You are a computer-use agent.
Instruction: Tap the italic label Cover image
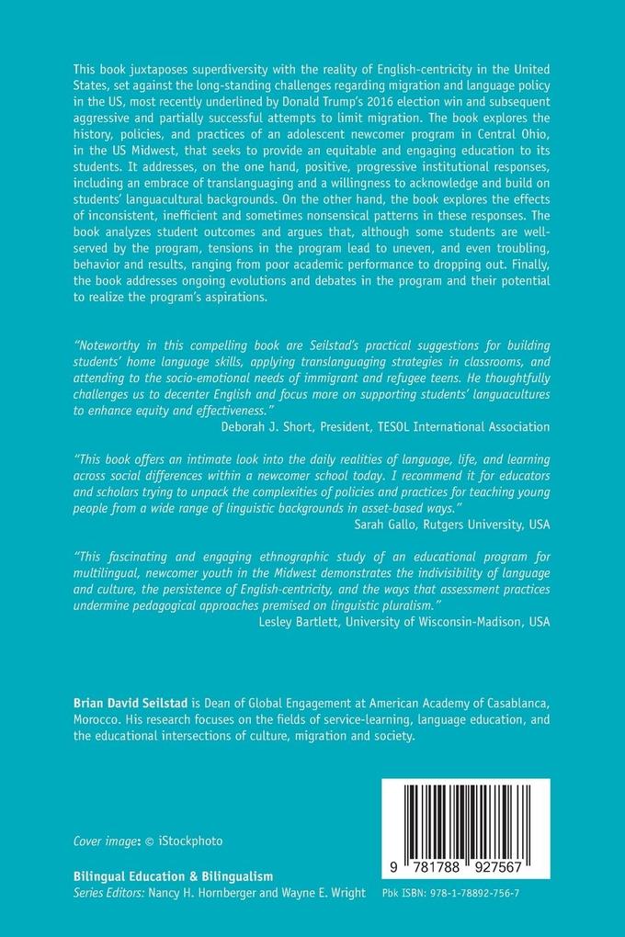click(104, 841)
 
